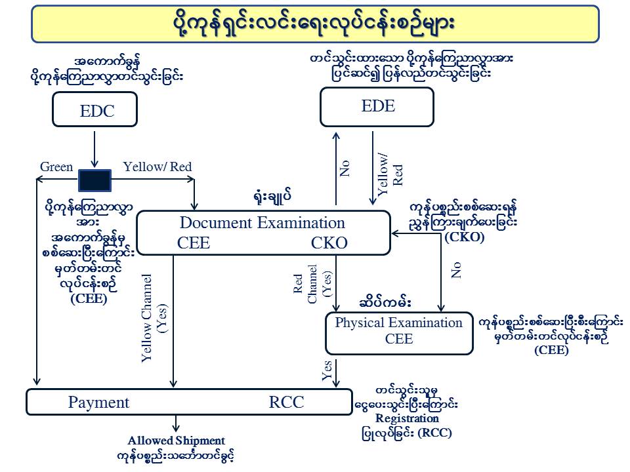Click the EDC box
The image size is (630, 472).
(95, 109)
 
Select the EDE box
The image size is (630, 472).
(377, 107)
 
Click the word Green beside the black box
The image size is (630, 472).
(56, 167)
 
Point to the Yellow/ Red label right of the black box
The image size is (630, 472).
(157, 167)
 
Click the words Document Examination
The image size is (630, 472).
(262, 223)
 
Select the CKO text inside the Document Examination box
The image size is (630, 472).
(329, 243)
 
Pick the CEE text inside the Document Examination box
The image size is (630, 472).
(194, 243)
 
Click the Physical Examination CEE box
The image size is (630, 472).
(398, 331)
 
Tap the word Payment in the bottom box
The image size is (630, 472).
(98, 403)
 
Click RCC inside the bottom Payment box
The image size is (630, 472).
(287, 403)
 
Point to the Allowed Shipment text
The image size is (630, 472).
(176, 441)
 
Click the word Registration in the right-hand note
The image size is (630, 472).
(407, 418)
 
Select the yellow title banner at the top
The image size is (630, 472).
(315, 24)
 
